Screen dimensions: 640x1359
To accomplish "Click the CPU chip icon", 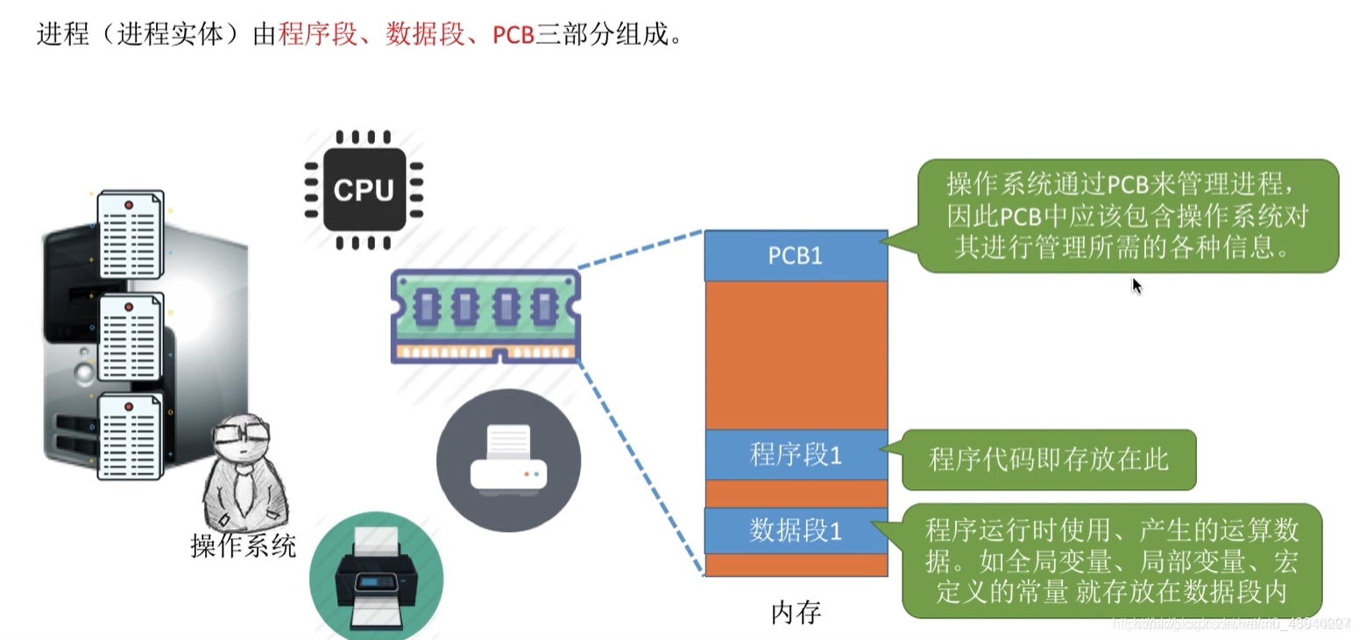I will [364, 188].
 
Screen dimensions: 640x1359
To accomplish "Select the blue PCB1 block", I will [796, 255].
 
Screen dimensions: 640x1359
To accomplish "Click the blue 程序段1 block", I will [796, 455].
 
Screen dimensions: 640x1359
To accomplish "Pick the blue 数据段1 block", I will [796, 530].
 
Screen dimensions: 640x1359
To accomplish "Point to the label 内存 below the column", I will [796, 612].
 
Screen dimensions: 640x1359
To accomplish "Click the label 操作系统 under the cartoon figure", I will [244, 545].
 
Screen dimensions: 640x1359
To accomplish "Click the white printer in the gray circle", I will [508, 460].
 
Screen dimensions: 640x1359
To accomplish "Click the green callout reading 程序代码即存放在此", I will [1048, 459].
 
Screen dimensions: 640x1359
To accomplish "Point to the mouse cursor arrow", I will [1136, 286].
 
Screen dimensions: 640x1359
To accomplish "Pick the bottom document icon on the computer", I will [130, 436].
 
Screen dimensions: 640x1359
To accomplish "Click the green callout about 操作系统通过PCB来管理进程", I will [1127, 216].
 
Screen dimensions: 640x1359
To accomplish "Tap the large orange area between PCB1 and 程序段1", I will [796, 355].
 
